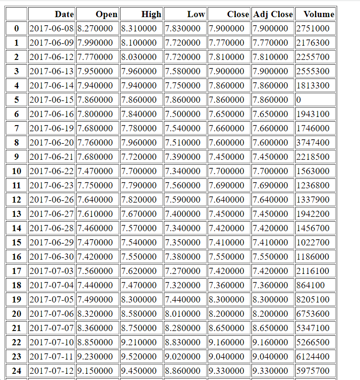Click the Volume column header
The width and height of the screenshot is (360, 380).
[319, 14]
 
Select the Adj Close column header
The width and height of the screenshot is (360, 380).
[273, 14]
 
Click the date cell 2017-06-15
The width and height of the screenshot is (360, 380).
[52, 100]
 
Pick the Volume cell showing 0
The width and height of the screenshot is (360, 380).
[299, 100]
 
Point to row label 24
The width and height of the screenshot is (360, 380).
[17, 371]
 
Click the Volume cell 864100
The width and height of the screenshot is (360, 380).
[310, 285]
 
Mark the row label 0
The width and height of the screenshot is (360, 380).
[17, 29]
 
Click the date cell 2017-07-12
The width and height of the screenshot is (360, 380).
[52, 371]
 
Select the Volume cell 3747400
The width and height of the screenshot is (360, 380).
[313, 143]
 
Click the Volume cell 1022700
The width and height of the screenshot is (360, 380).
[313, 243]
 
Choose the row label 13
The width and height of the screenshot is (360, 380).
[17, 214]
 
